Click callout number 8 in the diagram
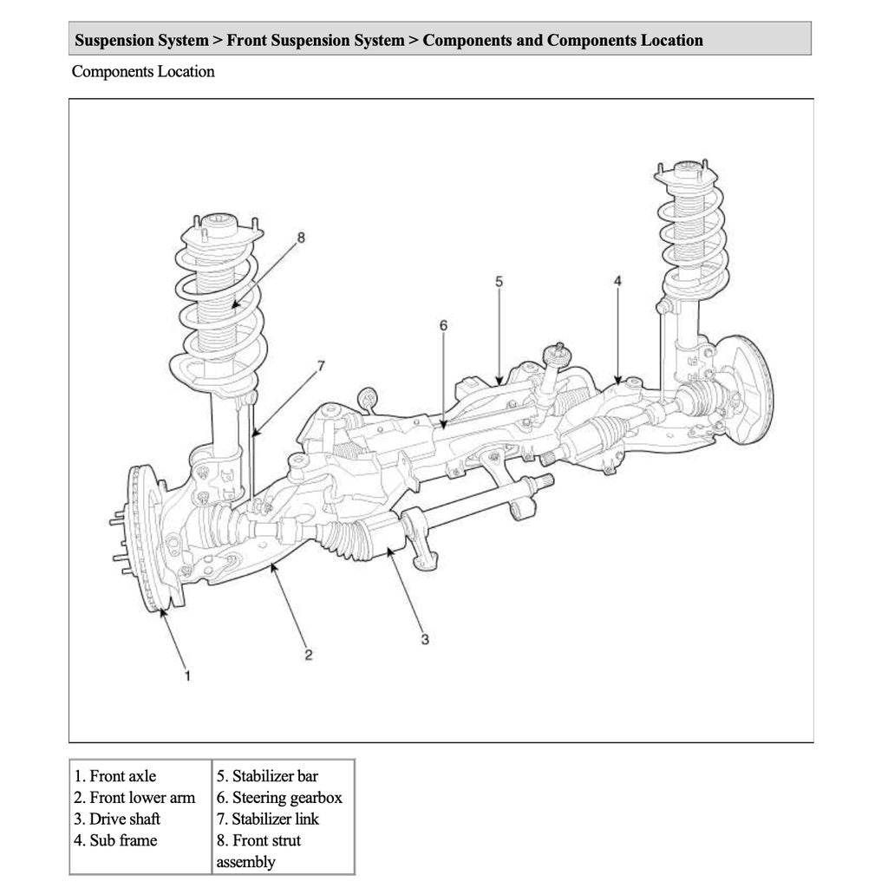click(x=301, y=237)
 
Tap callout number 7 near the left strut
click(x=321, y=366)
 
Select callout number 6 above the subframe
click(x=443, y=325)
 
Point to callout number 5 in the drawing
click(x=499, y=281)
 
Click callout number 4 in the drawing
click(x=617, y=281)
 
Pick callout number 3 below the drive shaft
click(x=425, y=640)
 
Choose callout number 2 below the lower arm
click(x=308, y=655)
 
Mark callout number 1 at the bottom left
click(x=186, y=675)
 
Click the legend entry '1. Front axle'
click(x=115, y=776)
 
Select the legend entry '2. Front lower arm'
click(x=134, y=797)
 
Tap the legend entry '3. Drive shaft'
click(x=117, y=819)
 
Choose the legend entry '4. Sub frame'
click(x=115, y=839)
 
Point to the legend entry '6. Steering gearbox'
click(x=279, y=797)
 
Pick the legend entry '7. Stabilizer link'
click(x=268, y=819)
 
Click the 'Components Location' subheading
click(x=143, y=72)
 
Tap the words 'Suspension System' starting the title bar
click(x=141, y=40)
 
